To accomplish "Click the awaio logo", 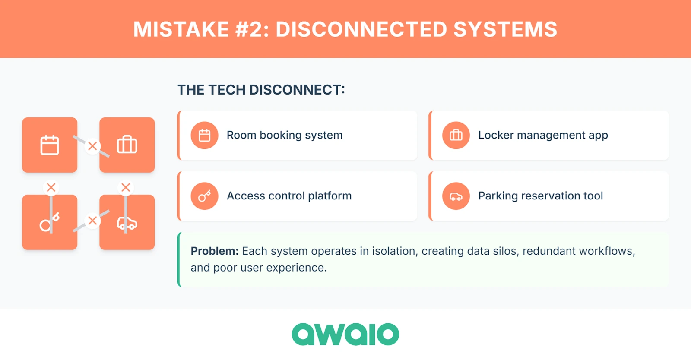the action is coord(345,334).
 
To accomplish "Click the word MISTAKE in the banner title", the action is coord(181,29).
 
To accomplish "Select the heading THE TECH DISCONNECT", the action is coord(261,90).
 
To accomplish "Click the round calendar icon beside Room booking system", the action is coord(204,135).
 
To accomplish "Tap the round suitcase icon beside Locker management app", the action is coord(456,135).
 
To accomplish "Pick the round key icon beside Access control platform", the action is coord(204,196).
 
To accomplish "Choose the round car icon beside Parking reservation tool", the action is coord(456,196).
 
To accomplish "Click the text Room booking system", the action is coord(285,135).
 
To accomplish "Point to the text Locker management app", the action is coord(543,135).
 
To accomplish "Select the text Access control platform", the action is coord(289,196).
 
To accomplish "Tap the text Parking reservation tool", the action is coord(540,196).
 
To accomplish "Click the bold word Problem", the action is coord(215,251).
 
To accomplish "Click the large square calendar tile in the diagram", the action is coord(50,145).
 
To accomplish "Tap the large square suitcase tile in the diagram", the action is coord(127,145).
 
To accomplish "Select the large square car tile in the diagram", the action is coord(127,222).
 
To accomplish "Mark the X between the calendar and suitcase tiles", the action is coord(92,146).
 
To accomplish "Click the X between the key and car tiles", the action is coord(92,221).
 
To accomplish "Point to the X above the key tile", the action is coord(51,187).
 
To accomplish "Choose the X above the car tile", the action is coord(126,187).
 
